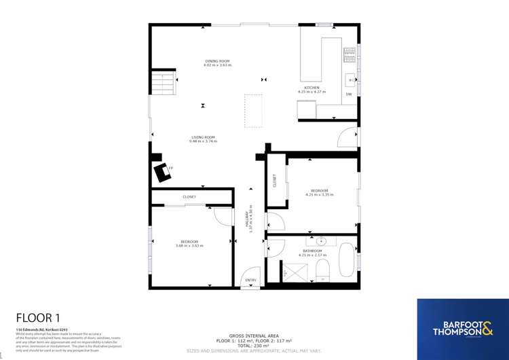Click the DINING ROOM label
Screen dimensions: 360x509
pos(218,61)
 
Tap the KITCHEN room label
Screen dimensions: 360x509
pos(312,88)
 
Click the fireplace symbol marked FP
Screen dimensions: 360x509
pos(162,173)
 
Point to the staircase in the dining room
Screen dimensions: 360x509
pos(163,85)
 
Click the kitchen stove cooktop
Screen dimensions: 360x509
pos(350,53)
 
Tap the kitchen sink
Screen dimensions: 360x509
pos(351,80)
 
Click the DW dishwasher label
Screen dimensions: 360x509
pos(349,94)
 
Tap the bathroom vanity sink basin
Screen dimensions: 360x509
pos(321,241)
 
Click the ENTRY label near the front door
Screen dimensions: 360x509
pos(250,280)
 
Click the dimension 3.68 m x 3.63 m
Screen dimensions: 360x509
pos(189,245)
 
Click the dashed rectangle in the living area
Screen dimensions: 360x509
pos(253,111)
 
